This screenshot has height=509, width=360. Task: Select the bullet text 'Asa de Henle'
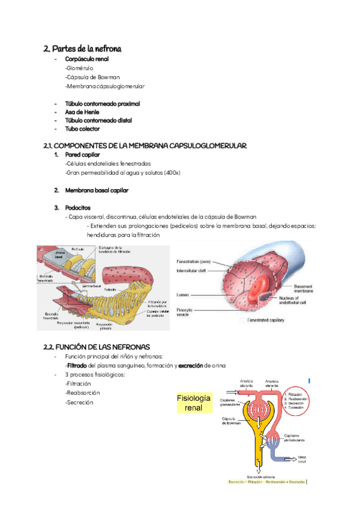pyautogui.click(x=82, y=112)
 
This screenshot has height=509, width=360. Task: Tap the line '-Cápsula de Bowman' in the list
pyautogui.click(x=92, y=77)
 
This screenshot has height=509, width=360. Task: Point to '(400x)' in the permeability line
pyautogui.click(x=172, y=172)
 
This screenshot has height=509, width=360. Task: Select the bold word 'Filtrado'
pyautogui.click(x=77, y=365)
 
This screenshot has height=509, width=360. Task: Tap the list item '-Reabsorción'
pyautogui.click(x=82, y=393)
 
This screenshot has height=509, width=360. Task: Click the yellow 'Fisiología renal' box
pyautogui.click(x=194, y=403)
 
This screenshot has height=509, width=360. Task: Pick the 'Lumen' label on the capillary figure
pyautogui.click(x=183, y=295)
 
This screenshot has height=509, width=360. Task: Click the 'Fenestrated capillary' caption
pyautogui.click(x=266, y=321)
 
